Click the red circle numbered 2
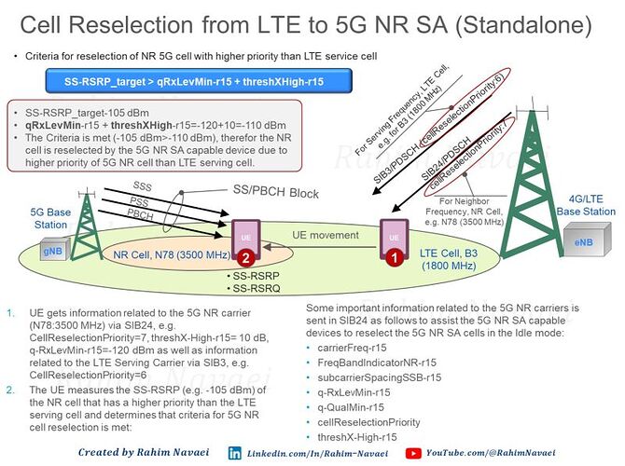pos(243,255)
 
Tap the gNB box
pos(51,251)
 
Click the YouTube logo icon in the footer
pos(412,452)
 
